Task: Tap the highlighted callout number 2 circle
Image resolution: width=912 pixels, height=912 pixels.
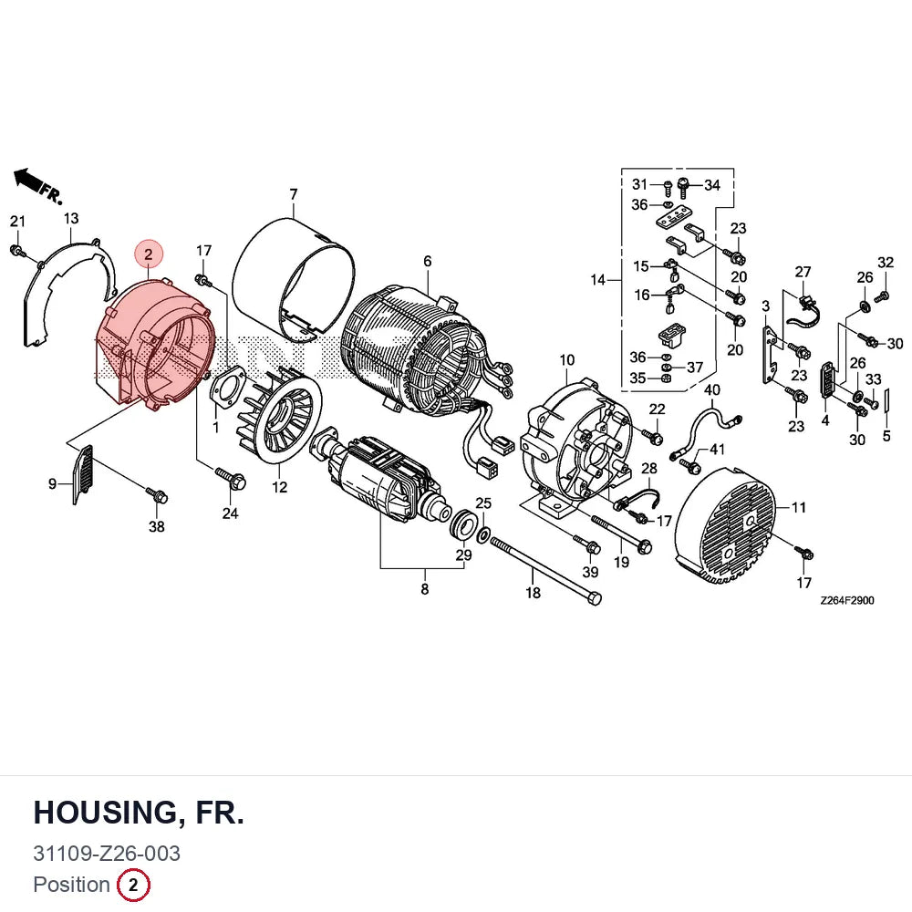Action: coord(149,254)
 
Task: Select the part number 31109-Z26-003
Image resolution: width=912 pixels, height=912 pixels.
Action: coord(107,854)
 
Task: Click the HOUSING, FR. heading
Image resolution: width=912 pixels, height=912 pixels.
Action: coord(139,812)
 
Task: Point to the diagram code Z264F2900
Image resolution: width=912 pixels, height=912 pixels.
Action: coord(847,600)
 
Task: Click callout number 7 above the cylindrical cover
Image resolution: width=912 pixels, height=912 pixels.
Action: coord(294,194)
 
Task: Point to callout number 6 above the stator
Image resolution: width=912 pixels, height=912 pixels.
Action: coord(428,261)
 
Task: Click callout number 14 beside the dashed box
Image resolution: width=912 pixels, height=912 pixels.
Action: coord(598,280)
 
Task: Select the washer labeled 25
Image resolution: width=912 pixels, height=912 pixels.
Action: coord(482,534)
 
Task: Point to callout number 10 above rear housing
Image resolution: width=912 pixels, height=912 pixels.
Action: coord(567,360)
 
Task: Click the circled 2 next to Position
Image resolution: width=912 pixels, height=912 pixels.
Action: coord(133,885)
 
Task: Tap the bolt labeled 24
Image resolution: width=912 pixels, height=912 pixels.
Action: coord(231,478)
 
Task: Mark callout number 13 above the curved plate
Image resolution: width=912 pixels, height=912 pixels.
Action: coord(71,218)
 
